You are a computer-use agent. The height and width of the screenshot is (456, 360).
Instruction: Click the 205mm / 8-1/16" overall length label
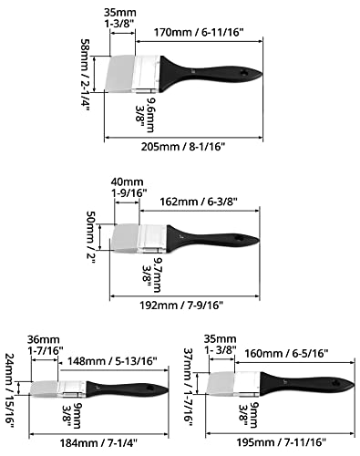183,147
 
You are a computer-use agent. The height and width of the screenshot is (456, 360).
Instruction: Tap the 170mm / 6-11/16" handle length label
199,32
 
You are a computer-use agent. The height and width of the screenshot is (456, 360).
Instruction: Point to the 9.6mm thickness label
150,115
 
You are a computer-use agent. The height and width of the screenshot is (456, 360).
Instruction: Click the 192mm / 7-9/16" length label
181,305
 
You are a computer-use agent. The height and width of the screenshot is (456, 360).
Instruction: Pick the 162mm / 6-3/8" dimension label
199,202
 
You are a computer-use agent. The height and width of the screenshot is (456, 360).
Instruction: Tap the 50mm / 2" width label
91,238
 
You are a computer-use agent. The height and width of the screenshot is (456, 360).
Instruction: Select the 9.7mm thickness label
157,275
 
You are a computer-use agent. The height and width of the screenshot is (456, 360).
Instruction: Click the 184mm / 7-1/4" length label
98,442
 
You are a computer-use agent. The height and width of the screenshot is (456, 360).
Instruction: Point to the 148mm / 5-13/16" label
112,361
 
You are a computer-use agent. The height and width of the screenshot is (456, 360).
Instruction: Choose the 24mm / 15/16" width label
10,390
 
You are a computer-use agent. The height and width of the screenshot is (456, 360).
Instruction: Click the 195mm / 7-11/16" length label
282,442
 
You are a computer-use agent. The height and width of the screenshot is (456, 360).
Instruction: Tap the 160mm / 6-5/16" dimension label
286,353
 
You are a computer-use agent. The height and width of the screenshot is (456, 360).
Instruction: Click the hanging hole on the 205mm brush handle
244,73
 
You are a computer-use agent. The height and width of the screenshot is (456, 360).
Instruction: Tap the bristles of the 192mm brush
126,238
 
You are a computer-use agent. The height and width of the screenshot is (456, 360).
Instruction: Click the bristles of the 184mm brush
45,389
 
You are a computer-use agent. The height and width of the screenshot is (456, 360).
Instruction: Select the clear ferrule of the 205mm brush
147,73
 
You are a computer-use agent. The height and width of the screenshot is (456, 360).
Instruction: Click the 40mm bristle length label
127,181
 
